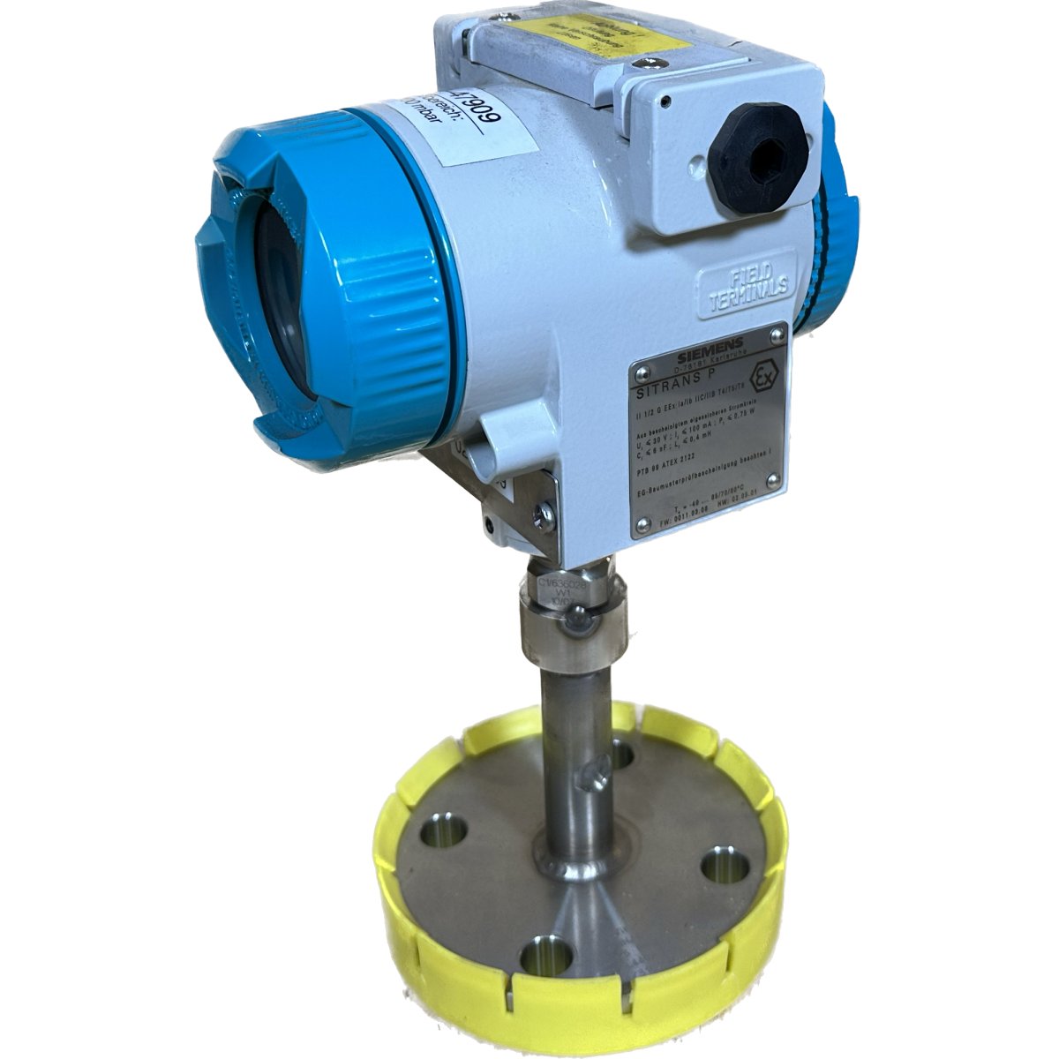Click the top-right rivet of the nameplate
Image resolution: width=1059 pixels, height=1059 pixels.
click(x=776, y=334)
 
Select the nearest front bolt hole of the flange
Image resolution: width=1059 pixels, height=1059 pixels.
click(x=538, y=958)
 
